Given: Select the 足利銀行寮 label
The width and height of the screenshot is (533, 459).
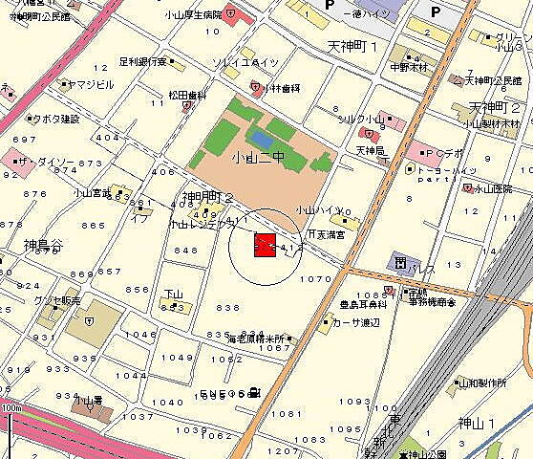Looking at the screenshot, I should pyautogui.click(x=144, y=62).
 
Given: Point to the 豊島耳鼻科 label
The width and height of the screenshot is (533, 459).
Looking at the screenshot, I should pyautogui.click(x=363, y=303).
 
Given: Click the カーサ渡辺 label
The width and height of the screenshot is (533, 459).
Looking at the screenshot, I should pyautogui.click(x=355, y=322).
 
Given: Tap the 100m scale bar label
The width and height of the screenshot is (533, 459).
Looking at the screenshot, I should pyautogui.click(x=11, y=408).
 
